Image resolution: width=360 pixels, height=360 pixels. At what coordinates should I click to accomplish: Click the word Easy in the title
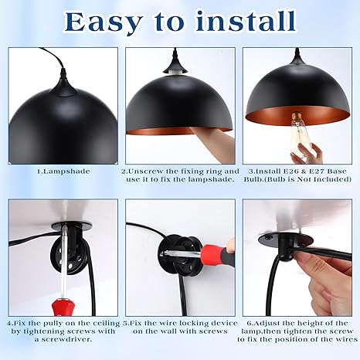tap(104, 22)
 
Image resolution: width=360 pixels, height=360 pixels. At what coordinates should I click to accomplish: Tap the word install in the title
tap(245, 21)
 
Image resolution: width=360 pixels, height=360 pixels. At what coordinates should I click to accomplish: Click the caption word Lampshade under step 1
tap(67, 172)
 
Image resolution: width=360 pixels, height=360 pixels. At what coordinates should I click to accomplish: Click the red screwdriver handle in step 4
tap(62, 307)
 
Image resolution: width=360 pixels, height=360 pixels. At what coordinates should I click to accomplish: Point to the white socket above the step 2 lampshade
tap(175, 73)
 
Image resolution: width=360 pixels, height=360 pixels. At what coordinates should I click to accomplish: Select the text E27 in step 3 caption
tap(317, 172)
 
